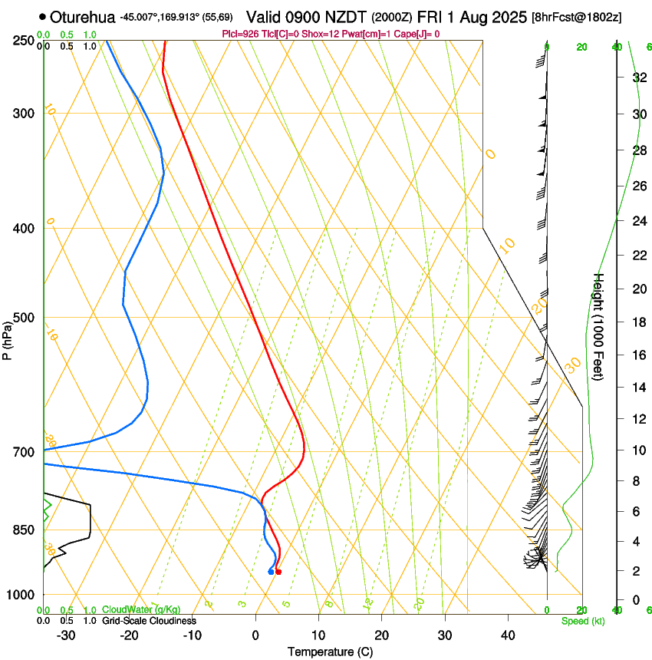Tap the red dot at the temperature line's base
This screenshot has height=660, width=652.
click(278, 572)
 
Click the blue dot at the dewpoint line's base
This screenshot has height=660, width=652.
click(271, 572)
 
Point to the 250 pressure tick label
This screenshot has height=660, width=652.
click(22, 41)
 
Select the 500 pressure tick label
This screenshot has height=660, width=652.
click(22, 318)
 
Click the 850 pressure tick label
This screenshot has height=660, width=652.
click(22, 530)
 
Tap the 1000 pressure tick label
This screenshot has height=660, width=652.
click(19, 595)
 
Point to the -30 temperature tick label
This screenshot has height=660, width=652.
click(65, 635)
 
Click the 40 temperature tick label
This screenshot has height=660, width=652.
click(507, 635)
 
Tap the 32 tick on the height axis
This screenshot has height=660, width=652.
click(637, 78)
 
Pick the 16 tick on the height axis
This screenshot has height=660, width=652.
click(637, 355)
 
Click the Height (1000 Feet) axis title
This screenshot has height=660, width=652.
click(598, 334)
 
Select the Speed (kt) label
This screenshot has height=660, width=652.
click(582, 620)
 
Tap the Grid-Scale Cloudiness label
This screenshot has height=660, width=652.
click(149, 620)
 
